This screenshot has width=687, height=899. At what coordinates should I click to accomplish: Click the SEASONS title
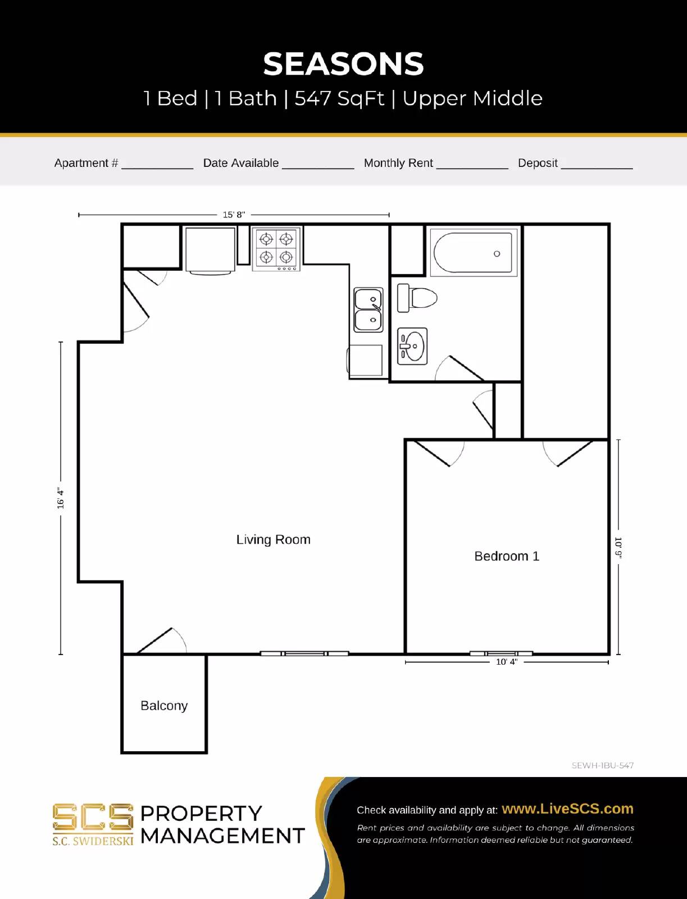point(343,64)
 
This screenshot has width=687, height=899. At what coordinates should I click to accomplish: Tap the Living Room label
point(273,539)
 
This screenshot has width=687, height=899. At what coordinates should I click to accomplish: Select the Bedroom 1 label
point(506,556)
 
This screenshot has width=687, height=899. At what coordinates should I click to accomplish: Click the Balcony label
point(164,706)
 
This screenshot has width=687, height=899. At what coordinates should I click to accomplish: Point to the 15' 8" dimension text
point(234,215)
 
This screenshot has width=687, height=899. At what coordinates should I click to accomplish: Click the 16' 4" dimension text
point(61,498)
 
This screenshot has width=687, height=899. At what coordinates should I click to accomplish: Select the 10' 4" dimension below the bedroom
point(506,662)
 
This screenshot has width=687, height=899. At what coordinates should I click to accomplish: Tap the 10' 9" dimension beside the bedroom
point(618,548)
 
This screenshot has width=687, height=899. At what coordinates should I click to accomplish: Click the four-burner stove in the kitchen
point(276,248)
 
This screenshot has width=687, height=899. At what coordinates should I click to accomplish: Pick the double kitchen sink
point(368,310)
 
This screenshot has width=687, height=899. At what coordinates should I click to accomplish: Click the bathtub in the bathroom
point(473,253)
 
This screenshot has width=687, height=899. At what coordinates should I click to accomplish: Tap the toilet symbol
point(417,298)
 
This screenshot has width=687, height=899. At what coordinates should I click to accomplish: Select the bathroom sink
point(412,346)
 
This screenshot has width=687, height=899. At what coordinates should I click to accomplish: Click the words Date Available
point(240,163)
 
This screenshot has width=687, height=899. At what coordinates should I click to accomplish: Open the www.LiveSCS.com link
point(567,809)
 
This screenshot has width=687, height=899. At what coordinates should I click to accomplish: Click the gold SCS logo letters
point(93,817)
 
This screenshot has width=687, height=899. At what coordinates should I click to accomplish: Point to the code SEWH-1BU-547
point(602,765)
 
